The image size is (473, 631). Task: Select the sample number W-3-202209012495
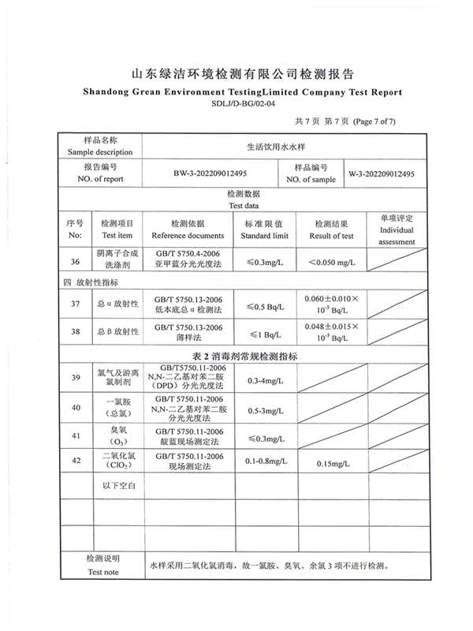382,174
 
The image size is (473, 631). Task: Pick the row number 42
75,462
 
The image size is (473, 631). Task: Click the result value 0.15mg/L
332,463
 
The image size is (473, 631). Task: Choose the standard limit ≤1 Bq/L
266,334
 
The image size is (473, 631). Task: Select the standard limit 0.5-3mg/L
266,411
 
